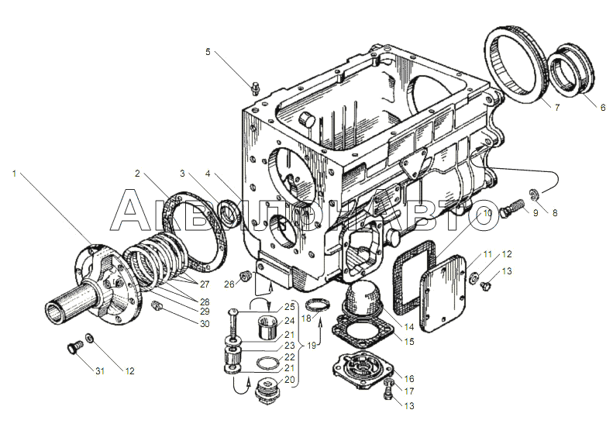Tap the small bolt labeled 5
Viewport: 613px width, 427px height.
pyautogui.click(x=256, y=89)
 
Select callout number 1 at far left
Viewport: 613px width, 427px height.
pyautogui.click(x=15, y=173)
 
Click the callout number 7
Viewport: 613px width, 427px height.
pyautogui.click(x=556, y=107)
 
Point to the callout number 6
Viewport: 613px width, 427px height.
pyautogui.click(x=602, y=107)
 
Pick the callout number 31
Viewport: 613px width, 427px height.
pyautogui.click(x=100, y=371)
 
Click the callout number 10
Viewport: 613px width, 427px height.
pyautogui.click(x=487, y=213)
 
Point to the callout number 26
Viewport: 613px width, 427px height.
pyautogui.click(x=229, y=284)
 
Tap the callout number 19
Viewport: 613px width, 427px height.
pyautogui.click(x=312, y=346)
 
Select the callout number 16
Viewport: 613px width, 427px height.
pyautogui.click(x=409, y=378)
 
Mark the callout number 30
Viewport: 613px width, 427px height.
pyautogui.click(x=205, y=324)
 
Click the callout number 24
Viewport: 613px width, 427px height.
pyautogui.click(x=289, y=321)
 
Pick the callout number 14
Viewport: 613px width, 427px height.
pyautogui.click(x=409, y=326)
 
